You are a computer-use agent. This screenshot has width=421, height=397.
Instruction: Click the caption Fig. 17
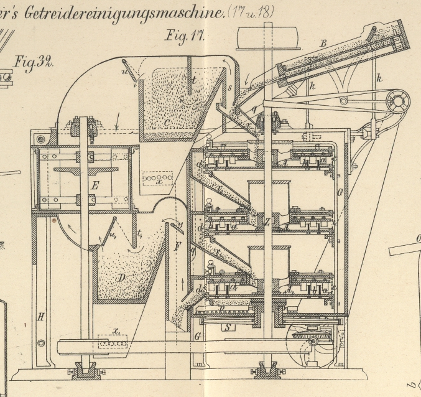185,35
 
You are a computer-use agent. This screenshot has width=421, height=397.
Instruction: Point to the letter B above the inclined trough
323,44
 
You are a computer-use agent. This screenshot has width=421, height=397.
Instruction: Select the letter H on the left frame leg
41,317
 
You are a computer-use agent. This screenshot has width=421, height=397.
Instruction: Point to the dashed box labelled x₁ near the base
112,342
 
